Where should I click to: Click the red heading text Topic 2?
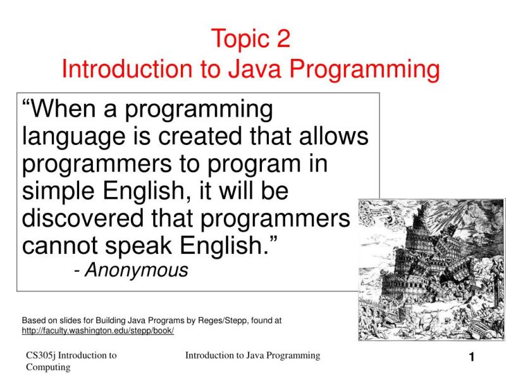250,39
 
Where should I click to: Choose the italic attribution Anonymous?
137,270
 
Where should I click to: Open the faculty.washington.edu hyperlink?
97,331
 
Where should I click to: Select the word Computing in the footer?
48,367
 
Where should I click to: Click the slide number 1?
471,358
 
